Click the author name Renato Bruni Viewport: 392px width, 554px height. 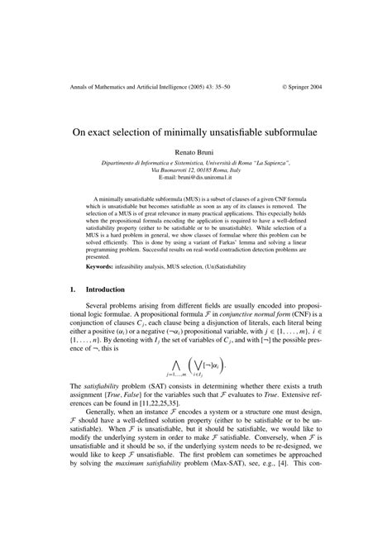[x=196, y=153]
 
